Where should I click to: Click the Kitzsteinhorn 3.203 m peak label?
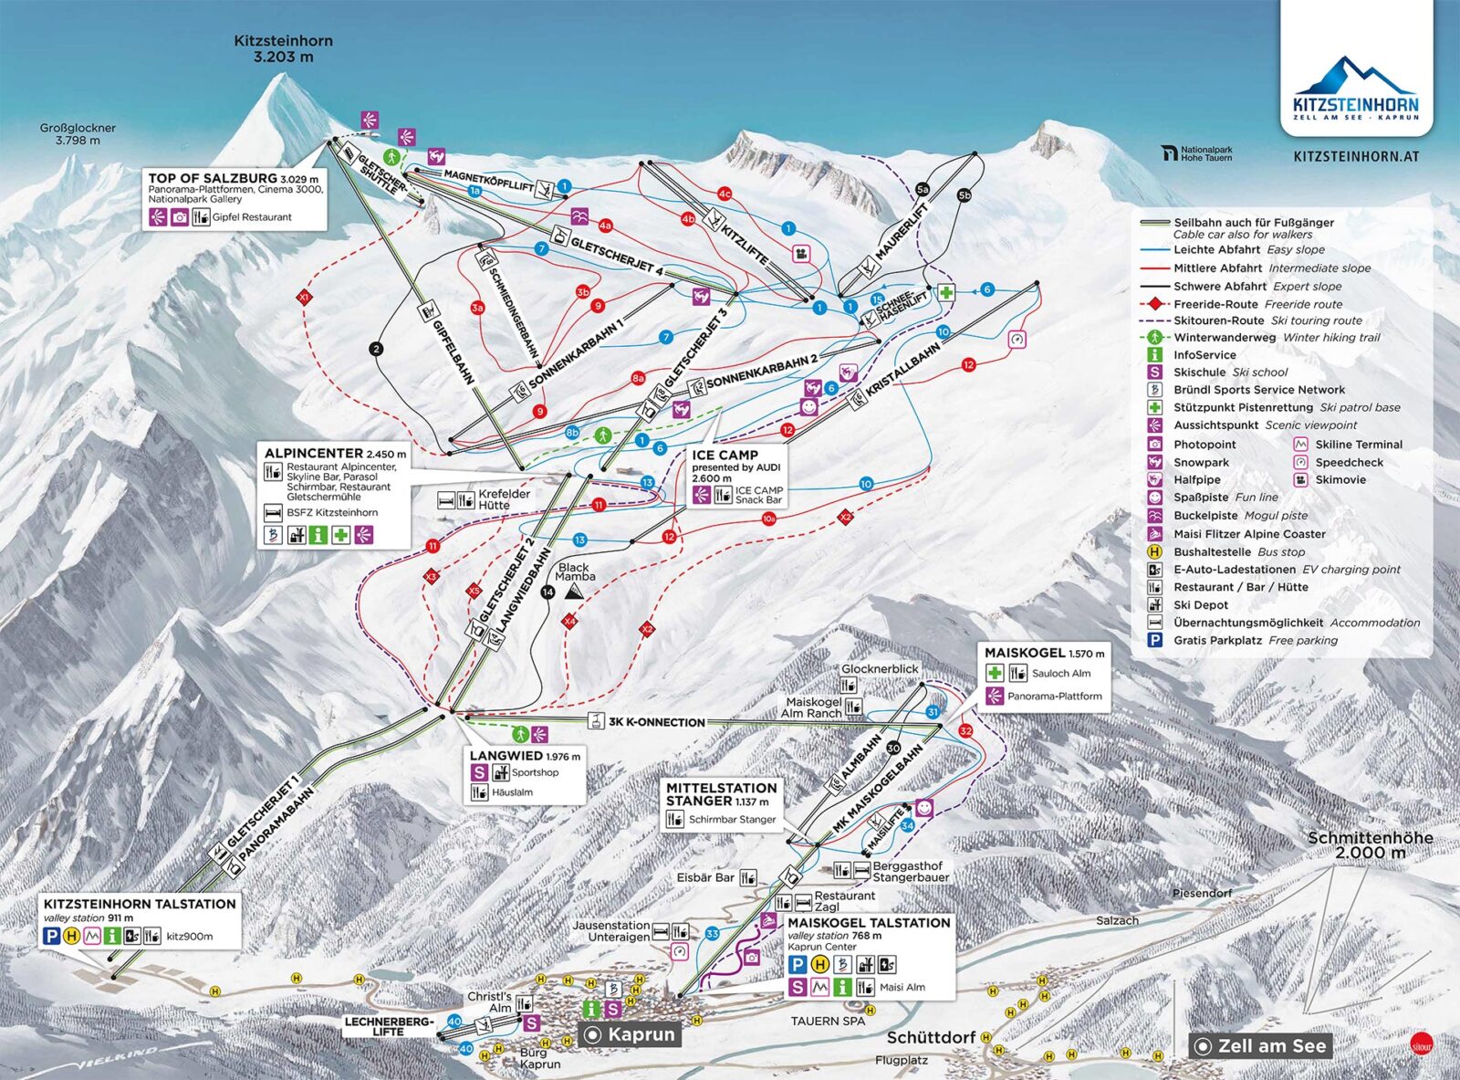coord(283,48)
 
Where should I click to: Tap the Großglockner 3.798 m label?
coord(78,134)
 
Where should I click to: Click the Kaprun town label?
coord(641,1034)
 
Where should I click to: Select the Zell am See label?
coord(1271,1046)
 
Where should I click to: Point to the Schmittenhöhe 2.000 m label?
coord(1370,844)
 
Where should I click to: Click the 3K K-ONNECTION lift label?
coord(656,722)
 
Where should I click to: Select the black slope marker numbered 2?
coord(376,349)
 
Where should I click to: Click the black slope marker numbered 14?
coord(547,592)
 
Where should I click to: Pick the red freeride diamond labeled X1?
coord(304,298)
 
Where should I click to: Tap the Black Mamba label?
coord(574,571)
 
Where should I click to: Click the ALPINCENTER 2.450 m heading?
coord(334,453)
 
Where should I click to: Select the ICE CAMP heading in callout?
coord(725,455)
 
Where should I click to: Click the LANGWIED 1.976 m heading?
coord(524,756)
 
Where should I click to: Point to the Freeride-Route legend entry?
coord(1215,304)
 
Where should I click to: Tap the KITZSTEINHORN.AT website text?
coord(1356,156)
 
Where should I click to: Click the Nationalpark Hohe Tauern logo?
coord(1197,153)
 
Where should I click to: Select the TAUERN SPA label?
coord(828,1021)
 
